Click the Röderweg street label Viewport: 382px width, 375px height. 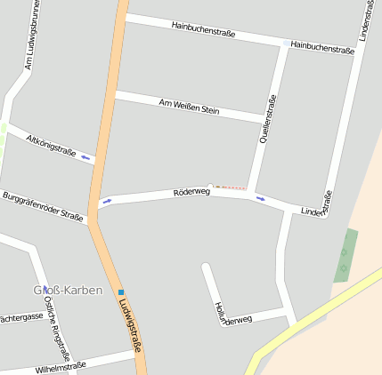click(x=191, y=191)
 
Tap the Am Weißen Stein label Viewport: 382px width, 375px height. click(x=189, y=108)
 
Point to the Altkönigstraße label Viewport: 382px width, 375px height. click(x=52, y=145)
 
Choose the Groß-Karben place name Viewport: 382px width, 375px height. click(x=68, y=290)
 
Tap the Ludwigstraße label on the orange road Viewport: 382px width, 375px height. click(x=129, y=324)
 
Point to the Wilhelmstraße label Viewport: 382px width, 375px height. click(x=61, y=366)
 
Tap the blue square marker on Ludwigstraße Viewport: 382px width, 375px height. click(x=121, y=291)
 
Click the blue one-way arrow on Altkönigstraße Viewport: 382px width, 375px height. click(x=86, y=158)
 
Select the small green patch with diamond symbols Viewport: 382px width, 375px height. click(x=345, y=256)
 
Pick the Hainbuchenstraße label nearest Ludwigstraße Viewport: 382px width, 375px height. click(x=203, y=29)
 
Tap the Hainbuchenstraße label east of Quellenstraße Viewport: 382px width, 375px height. click(x=322, y=46)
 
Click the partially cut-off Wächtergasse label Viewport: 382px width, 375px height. click(x=20, y=317)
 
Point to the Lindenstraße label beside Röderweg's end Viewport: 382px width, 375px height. click(x=317, y=207)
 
